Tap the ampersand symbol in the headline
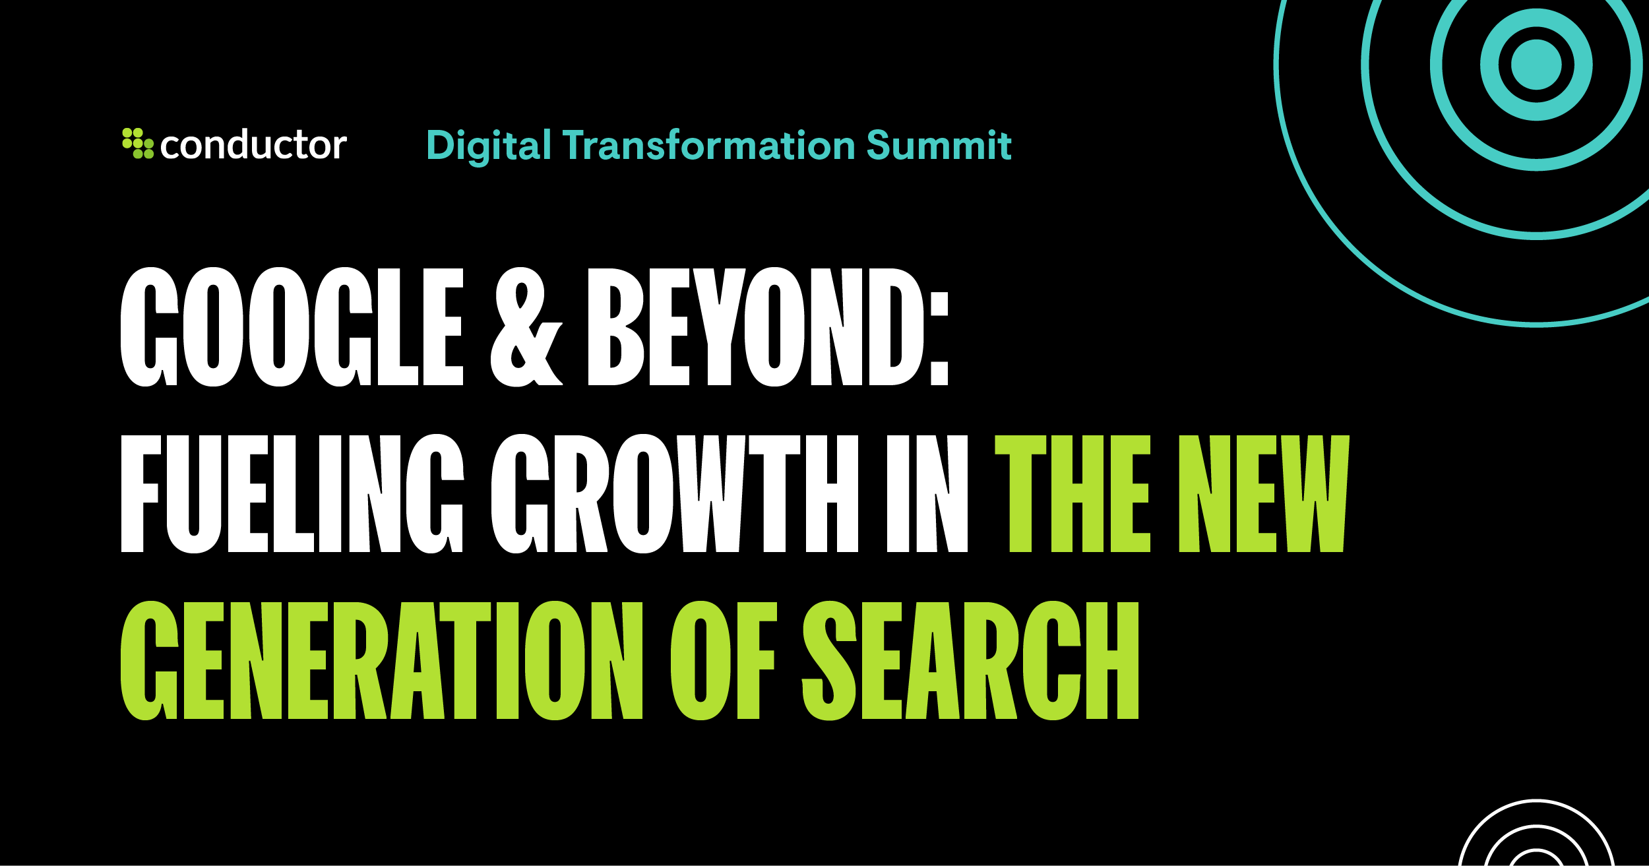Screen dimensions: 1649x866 pyautogui.click(x=526, y=326)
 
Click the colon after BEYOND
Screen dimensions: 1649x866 pyautogui.click(x=939, y=339)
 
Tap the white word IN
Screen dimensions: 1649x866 pyautogui.click(x=927, y=493)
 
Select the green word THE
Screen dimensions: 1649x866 pyautogui.click(x=1073, y=493)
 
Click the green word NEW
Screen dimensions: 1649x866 pyautogui.click(x=1264, y=493)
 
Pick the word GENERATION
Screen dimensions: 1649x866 pyautogui.click(x=382, y=660)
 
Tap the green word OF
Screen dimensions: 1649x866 pyautogui.click(x=724, y=660)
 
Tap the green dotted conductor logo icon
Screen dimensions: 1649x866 pyautogui.click(x=138, y=143)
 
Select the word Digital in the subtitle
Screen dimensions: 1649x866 pyautogui.click(x=489, y=146)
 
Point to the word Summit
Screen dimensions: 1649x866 pyautogui.click(x=939, y=145)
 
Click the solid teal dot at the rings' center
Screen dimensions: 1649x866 pyautogui.click(x=1536, y=65)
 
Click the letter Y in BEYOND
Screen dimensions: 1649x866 pyautogui.click(x=719, y=326)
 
